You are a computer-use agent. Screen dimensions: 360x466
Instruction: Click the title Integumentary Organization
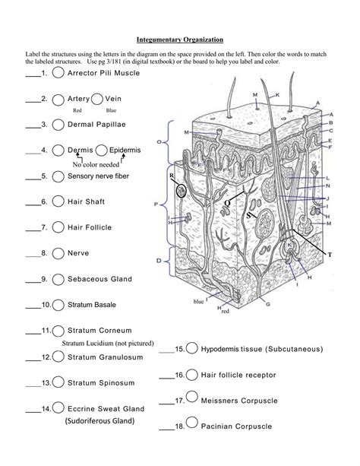pyautogui.click(x=180, y=40)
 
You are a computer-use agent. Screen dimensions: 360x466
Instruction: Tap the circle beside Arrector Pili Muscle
pyautogui.click(x=58, y=73)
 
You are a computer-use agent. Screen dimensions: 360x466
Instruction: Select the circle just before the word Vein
pyautogui.click(x=97, y=99)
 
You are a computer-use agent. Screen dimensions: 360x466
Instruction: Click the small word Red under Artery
pyautogui.click(x=77, y=110)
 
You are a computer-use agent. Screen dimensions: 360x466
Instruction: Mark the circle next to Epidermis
pyautogui.click(x=101, y=151)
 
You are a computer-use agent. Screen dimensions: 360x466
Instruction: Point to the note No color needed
pyautogui.click(x=96, y=164)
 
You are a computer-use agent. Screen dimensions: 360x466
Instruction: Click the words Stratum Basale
pyautogui.click(x=92, y=305)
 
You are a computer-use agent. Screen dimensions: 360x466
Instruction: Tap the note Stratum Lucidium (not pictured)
pyautogui.click(x=108, y=344)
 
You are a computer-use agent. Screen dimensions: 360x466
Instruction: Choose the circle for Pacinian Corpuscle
pyautogui.click(x=192, y=422)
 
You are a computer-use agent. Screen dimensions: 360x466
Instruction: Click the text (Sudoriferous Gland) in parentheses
pyautogui.click(x=99, y=421)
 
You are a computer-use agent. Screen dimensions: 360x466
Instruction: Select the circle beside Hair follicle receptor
pyautogui.click(x=192, y=375)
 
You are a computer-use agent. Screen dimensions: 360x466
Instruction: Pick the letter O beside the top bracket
pyautogui.click(x=159, y=142)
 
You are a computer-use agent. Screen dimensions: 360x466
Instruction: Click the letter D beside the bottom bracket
pyautogui.click(x=159, y=261)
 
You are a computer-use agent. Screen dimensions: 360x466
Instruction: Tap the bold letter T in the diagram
pyautogui.click(x=330, y=255)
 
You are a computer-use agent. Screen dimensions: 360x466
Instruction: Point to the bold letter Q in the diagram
pyautogui.click(x=227, y=203)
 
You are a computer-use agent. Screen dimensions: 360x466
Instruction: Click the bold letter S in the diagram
pyautogui.click(x=248, y=215)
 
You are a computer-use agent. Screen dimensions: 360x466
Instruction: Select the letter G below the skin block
pyautogui.click(x=268, y=304)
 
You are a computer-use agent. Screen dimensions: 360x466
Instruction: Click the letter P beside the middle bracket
pyautogui.click(x=156, y=204)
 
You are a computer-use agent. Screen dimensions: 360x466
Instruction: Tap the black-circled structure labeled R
pyautogui.click(x=182, y=190)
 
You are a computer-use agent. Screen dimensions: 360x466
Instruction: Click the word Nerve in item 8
pyautogui.click(x=78, y=253)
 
